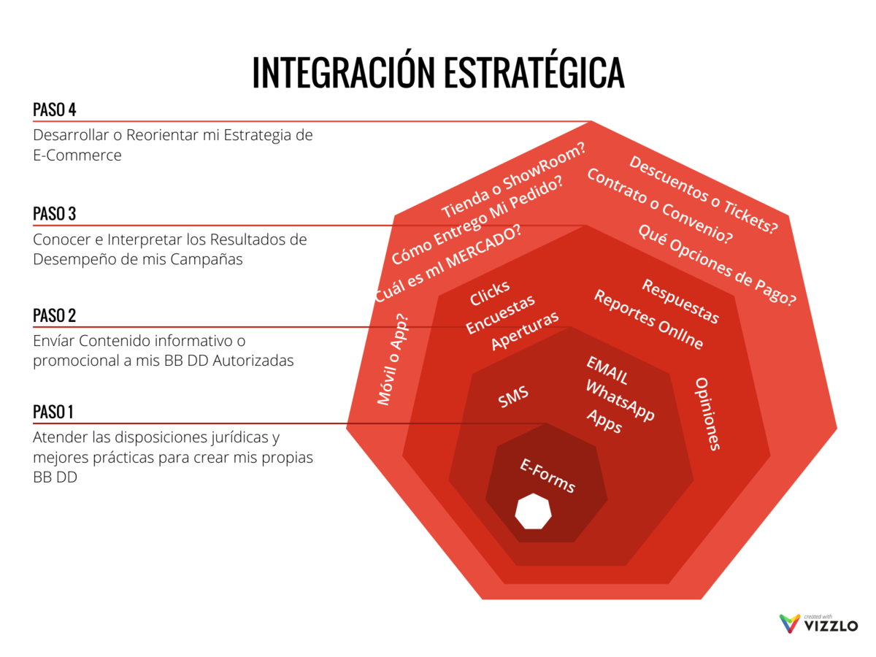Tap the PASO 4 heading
coord(55,110)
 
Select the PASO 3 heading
coord(55,214)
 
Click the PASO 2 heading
coord(55,316)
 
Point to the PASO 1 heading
coord(53,412)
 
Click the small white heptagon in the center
coord(533,510)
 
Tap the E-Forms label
coord(547,476)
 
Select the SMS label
coord(513,398)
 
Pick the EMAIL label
coord(607,371)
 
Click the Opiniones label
coord(707,414)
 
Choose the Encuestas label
coord(501,314)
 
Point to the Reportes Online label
coord(648,319)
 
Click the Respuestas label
coord(680,301)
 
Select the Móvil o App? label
coord(393,359)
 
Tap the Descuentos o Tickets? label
coord(704,195)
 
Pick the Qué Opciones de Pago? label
coord(717,264)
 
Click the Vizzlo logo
coord(818,623)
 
